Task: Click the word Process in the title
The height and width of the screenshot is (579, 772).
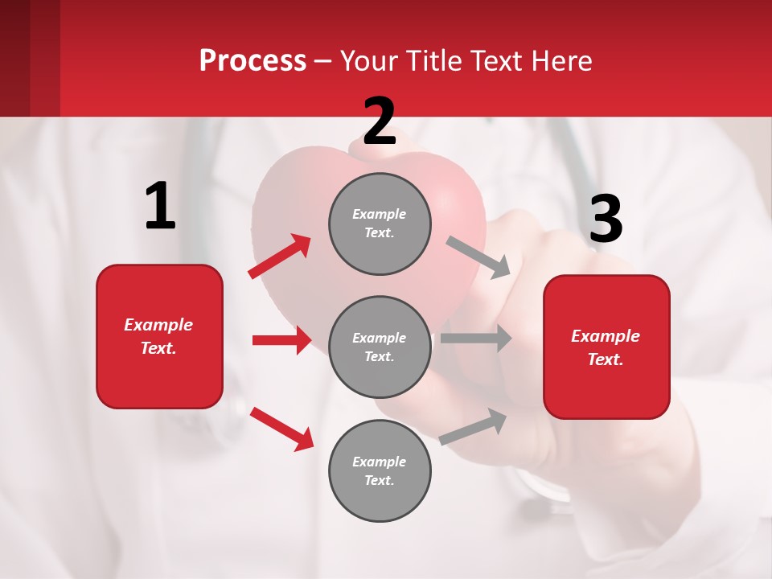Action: tap(253, 60)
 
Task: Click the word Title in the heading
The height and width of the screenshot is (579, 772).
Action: tap(436, 60)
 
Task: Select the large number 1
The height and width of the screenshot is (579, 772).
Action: tap(160, 206)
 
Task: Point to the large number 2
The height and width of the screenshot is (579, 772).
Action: tap(380, 121)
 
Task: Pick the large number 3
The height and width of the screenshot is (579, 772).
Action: tap(606, 219)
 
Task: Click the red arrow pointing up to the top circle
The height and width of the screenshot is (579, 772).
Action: tap(280, 257)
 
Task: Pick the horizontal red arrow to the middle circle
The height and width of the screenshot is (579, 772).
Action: tap(281, 340)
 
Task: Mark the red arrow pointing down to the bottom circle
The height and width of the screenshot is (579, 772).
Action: tap(281, 429)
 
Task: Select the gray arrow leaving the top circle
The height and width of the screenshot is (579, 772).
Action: tap(478, 257)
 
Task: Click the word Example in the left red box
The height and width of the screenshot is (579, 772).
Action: tap(158, 325)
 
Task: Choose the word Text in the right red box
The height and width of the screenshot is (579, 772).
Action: tap(605, 359)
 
